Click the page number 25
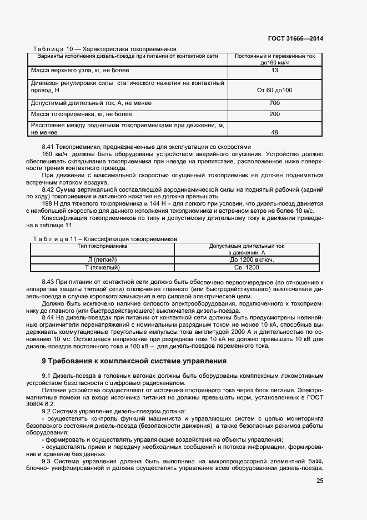[x=320, y=481]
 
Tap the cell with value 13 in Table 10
[x=274, y=71]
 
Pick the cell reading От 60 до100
[x=274, y=90]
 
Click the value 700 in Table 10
[x=274, y=103]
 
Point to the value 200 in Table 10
[x=274, y=114]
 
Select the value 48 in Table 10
[x=274, y=133]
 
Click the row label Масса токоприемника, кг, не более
[x=82, y=114]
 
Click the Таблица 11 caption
[x=105, y=238]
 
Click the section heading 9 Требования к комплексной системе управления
[x=134, y=361]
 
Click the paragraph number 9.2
[x=48, y=411]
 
